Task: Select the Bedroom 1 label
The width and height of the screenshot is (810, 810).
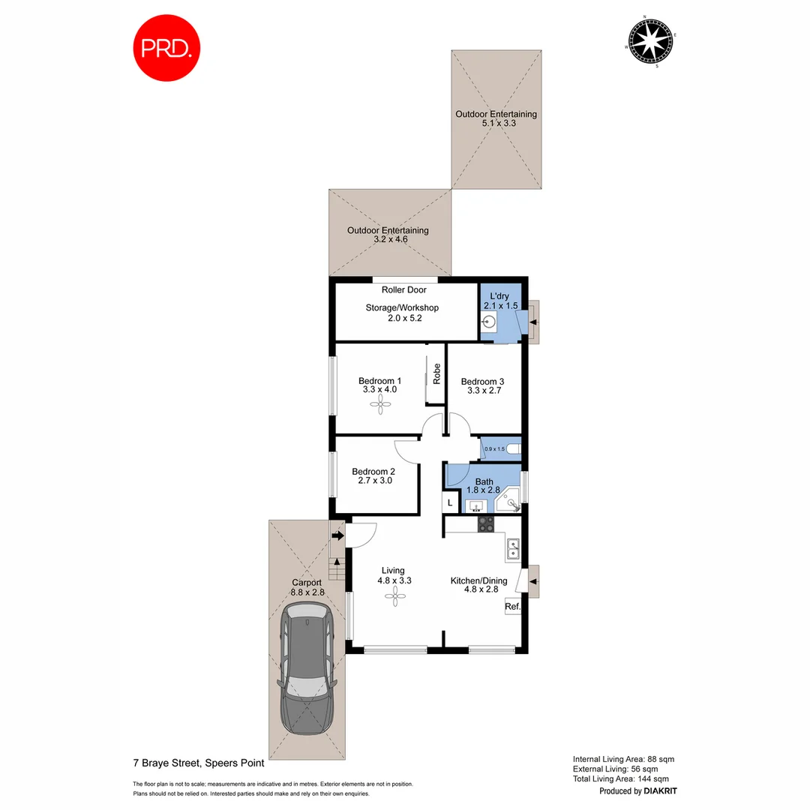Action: (380, 380)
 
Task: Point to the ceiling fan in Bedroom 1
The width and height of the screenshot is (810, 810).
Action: (381, 405)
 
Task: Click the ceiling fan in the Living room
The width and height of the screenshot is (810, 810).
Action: (394, 596)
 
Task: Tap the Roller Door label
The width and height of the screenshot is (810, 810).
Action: (403, 289)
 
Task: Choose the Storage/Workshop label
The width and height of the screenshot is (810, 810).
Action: (402, 307)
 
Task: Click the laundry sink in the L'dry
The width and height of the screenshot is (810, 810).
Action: (489, 322)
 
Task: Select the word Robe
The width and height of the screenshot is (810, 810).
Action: (436, 373)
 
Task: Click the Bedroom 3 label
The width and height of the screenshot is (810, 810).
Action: (483, 381)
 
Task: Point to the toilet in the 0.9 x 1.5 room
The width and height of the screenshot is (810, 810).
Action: (512, 449)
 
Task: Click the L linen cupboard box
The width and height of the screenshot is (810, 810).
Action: (450, 502)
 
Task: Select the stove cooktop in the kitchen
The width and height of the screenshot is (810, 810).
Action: (486, 524)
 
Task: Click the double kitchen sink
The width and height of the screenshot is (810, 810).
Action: (514, 550)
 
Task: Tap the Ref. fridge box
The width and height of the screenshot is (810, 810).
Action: (512, 607)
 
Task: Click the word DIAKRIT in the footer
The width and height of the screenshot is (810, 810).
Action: (661, 791)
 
